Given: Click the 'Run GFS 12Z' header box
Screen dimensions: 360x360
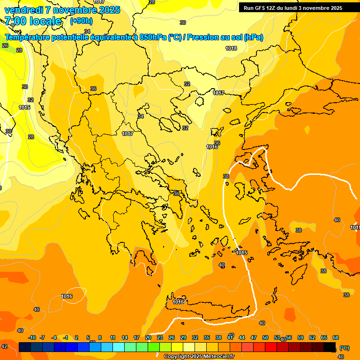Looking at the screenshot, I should tap(293, 8).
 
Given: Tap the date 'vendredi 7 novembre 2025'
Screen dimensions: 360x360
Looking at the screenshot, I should tap(62, 10).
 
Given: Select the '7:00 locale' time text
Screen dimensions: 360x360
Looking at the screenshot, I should tap(33, 21).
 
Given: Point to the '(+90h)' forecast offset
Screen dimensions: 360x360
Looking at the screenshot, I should tap(81, 21).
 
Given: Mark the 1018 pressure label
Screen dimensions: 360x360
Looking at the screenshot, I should tap(231, 48).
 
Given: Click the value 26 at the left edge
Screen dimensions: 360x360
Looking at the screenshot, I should tap(5, 45).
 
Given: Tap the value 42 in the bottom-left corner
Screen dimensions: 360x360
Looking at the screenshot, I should tap(4, 346).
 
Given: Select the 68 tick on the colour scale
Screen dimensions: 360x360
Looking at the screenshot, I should tap(336, 337).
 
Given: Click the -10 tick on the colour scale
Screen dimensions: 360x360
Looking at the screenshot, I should tap(32, 337).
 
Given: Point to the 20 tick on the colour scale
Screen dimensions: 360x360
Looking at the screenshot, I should tap(148, 337).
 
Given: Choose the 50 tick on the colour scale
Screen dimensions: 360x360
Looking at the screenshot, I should tap(265, 337).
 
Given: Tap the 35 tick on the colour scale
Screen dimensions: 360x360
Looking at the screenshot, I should tap(207, 337).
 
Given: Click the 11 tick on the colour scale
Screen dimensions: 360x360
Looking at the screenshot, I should tap(113, 337).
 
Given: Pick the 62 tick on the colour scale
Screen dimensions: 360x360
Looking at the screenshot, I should tap(312, 337).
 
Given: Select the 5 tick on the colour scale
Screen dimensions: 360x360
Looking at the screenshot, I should tap(88, 337).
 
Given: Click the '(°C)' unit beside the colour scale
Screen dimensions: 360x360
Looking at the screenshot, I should tap(345, 348).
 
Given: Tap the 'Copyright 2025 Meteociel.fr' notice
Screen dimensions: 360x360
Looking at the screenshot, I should tap(198, 356).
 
